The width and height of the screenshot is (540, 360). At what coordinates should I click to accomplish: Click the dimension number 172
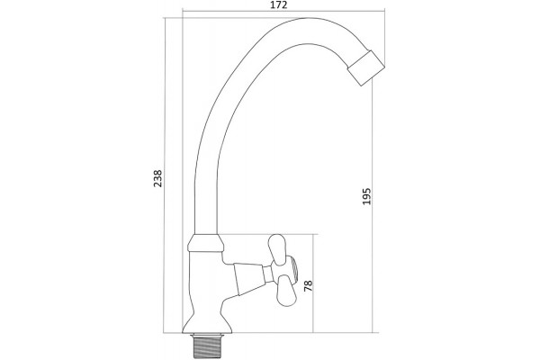click(x=279, y=4)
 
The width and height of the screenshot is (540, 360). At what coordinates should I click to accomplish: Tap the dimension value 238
click(x=157, y=178)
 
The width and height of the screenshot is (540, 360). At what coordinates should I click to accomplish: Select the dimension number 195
click(x=367, y=196)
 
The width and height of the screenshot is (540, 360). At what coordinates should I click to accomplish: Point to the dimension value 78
click(x=308, y=285)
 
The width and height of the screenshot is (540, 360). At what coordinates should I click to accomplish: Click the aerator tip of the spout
click(x=365, y=67)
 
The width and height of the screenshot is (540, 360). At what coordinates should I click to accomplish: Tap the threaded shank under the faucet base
click(x=206, y=346)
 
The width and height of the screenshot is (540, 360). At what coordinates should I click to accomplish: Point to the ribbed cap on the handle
click(x=292, y=270)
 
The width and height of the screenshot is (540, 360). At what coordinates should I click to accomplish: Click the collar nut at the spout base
click(x=205, y=243)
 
